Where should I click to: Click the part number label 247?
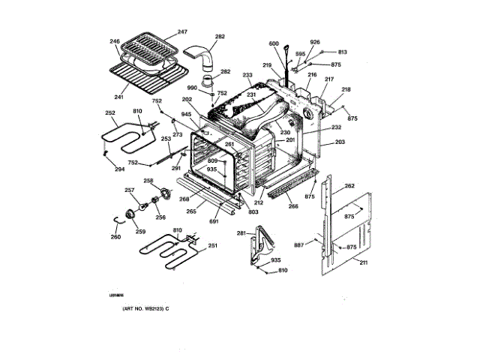182,32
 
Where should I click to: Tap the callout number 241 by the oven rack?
118,96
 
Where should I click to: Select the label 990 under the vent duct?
193,88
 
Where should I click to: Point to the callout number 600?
274,43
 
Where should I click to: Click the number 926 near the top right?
315,42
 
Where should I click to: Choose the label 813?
342,52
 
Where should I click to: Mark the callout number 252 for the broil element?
110,113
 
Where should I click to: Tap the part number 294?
119,169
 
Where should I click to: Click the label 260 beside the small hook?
115,238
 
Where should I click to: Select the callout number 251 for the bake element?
212,246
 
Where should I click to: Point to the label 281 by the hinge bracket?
241,234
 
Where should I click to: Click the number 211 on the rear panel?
363,262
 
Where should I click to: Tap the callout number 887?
298,245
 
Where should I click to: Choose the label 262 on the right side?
349,186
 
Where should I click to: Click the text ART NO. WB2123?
139,310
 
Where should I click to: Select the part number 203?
340,142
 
